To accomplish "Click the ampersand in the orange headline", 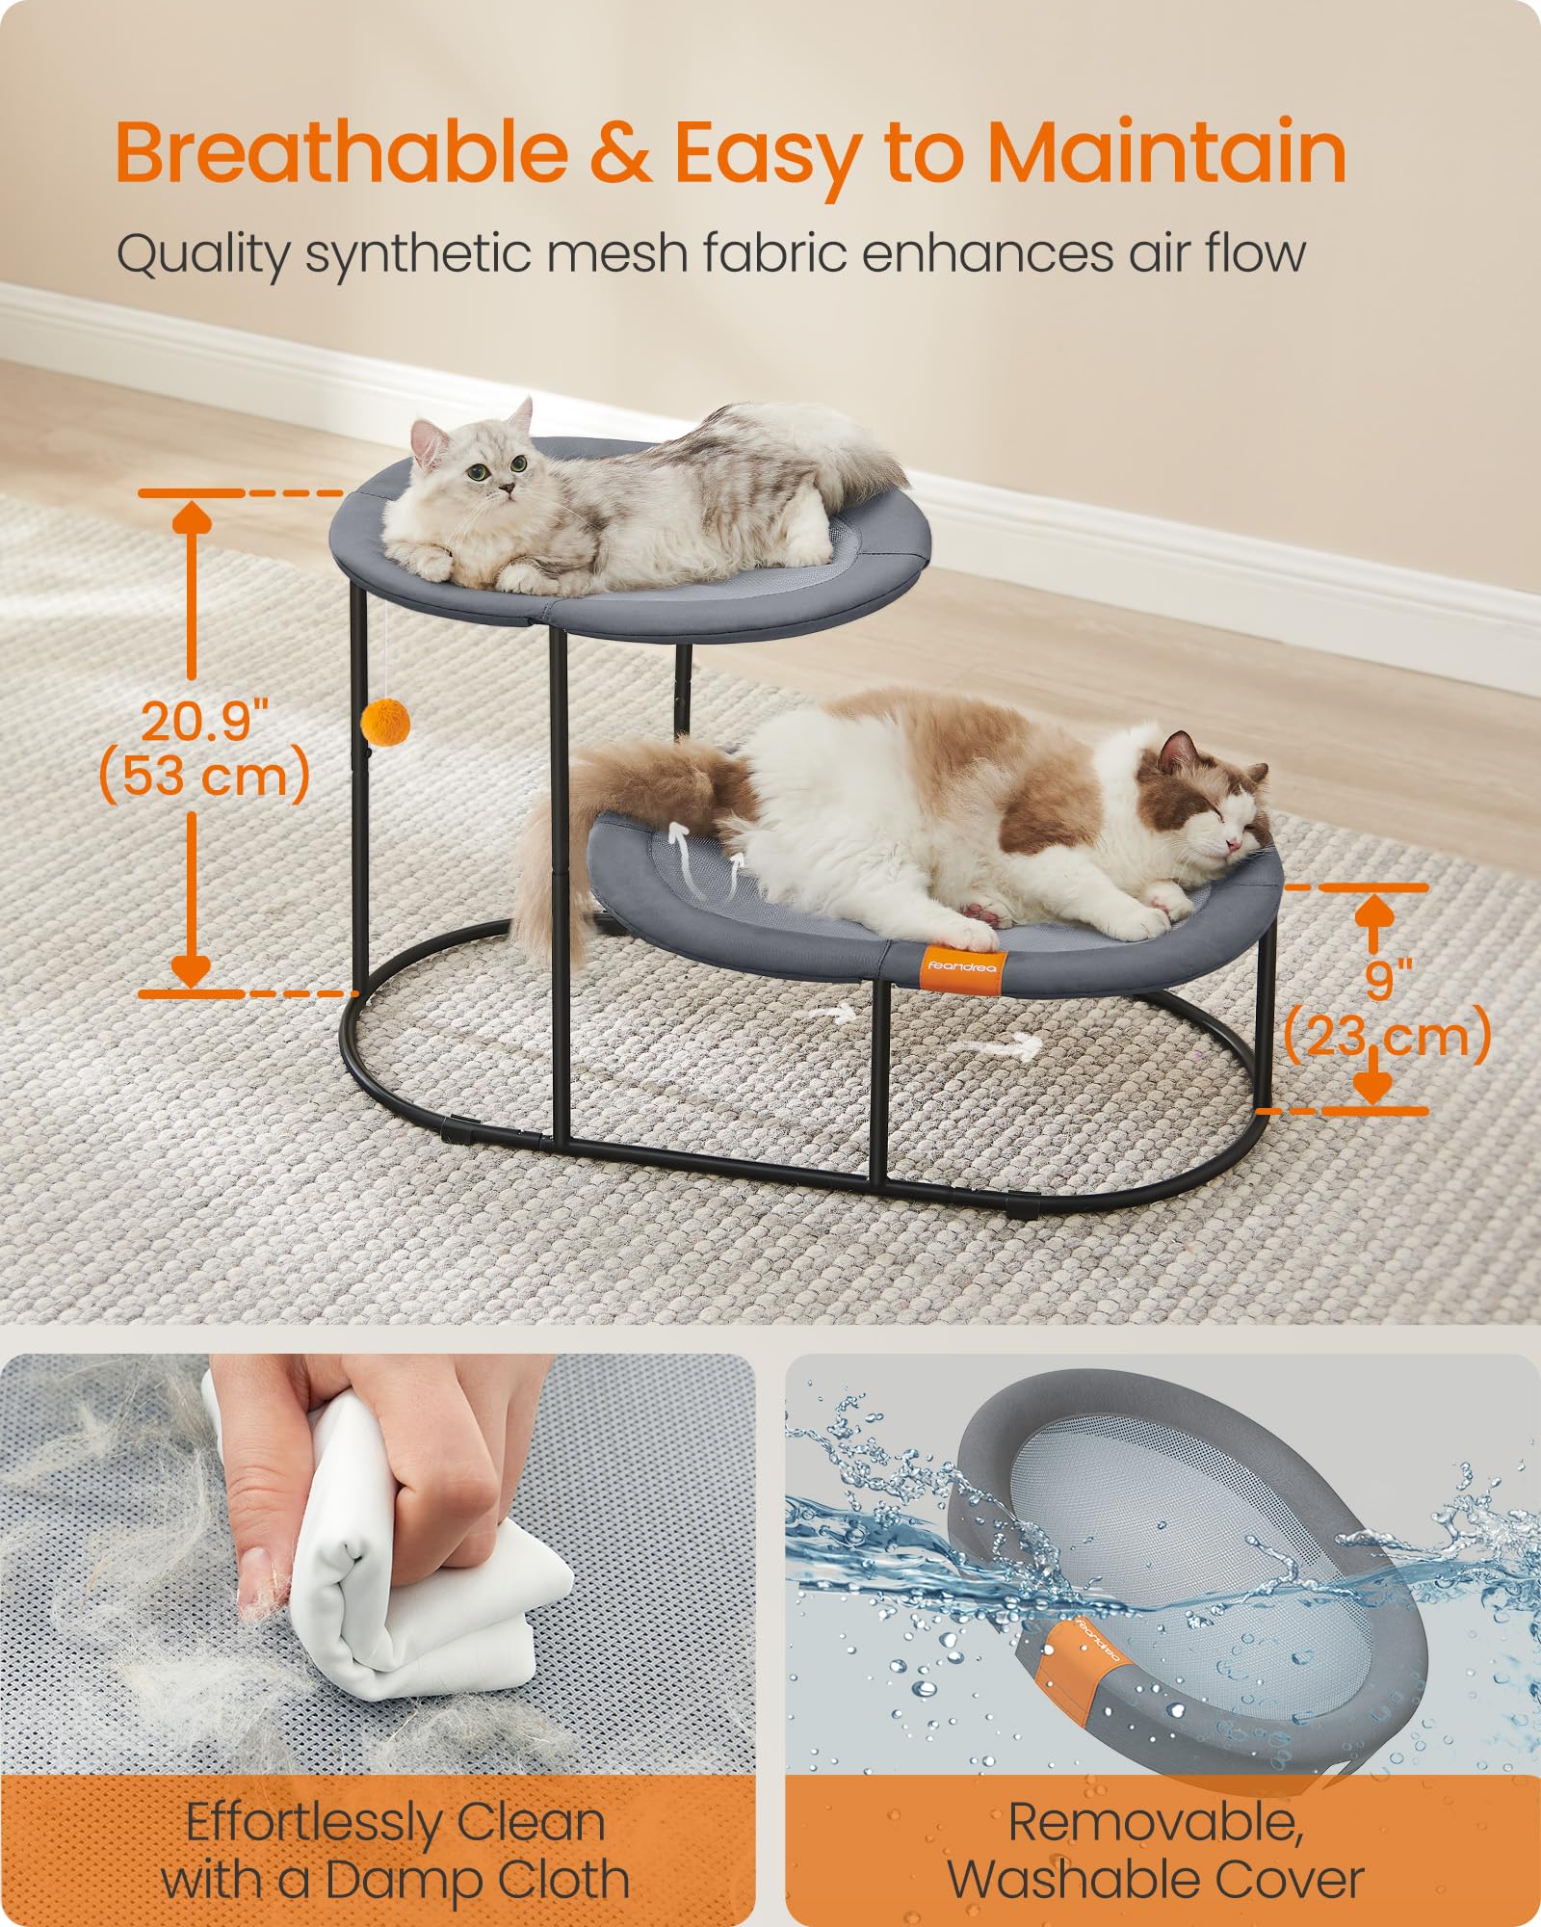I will click(x=620, y=154).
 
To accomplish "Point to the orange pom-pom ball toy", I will click(x=385, y=721).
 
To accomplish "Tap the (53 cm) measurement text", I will click(x=204, y=776).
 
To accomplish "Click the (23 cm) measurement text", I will click(x=1388, y=1037).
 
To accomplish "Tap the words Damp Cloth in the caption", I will click(x=477, y=1879).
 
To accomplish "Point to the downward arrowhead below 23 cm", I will click(x=1373, y=1087).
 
